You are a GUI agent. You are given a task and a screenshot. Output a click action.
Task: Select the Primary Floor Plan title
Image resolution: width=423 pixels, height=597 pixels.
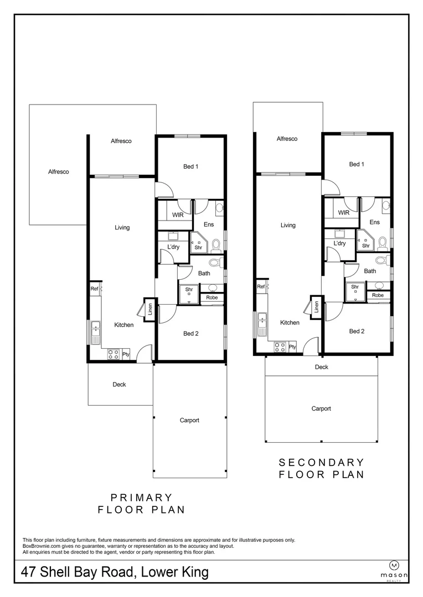pos(142,504)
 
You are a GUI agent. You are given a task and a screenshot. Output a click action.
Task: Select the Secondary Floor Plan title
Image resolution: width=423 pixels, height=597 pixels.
pos(322,468)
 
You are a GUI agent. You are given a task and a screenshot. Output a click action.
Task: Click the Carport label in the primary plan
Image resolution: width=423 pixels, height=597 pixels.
pos(189,420)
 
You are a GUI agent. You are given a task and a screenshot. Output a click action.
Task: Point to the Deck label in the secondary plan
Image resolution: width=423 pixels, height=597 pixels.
pos(322,367)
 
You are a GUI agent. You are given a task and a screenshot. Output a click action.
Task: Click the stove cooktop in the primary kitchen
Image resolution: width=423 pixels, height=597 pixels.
pos(114,354)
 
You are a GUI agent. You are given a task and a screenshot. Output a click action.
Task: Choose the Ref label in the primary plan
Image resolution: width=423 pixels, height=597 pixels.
pos(94,289)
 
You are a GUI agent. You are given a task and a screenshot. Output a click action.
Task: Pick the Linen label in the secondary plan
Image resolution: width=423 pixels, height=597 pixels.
pos(316,307)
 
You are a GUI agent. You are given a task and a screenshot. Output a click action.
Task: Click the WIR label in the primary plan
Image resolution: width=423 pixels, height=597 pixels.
pos(178,214)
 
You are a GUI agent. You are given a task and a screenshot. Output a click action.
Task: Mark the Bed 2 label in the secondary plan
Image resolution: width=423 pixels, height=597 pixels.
pos(357,331)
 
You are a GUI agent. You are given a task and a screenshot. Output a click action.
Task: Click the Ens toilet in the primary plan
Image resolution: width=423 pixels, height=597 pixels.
pos(216,245)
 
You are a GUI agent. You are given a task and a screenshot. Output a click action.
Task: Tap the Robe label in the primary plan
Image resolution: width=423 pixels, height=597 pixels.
pos(212,298)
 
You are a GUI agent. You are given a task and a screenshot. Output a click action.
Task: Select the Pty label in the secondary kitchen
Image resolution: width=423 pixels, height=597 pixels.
pos(292,347)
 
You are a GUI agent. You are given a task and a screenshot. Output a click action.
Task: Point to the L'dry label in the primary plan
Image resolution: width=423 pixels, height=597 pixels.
pos(173,247)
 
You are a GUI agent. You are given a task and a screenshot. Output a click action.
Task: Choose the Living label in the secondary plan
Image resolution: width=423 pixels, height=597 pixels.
pos(288,225)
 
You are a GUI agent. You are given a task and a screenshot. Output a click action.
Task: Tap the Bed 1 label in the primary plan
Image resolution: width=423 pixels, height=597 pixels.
pos(190,166)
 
